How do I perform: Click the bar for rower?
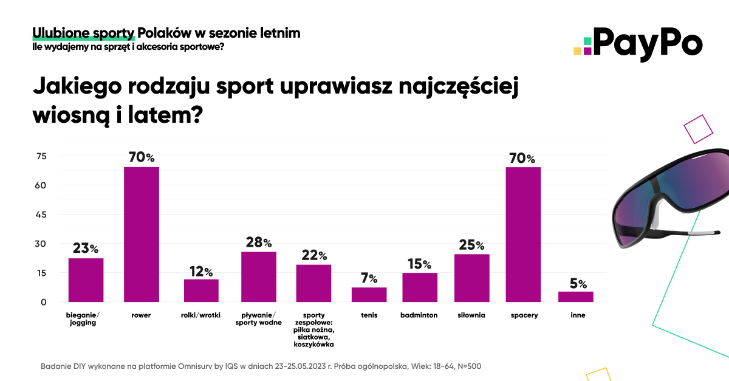pyautogui.click(x=141, y=235)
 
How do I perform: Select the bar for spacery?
pyautogui.click(x=523, y=235)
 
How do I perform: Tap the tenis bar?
pyautogui.click(x=369, y=295)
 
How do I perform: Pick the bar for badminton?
pyautogui.click(x=419, y=287)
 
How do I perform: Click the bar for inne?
pyautogui.click(x=576, y=297)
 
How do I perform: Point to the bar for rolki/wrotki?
pyautogui.click(x=201, y=290)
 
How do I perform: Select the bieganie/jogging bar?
pyautogui.click(x=86, y=280)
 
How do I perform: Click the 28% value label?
pyautogui.click(x=259, y=242)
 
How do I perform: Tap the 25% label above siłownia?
pyautogui.click(x=471, y=245)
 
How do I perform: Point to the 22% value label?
pyautogui.click(x=314, y=255)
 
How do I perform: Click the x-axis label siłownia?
pyautogui.click(x=471, y=315)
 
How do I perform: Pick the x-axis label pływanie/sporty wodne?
pyautogui.click(x=259, y=319)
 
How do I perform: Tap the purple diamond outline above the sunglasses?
pyautogui.click(x=698, y=128)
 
